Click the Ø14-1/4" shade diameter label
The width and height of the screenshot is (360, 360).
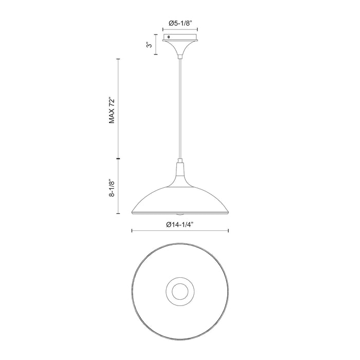pos(179,224)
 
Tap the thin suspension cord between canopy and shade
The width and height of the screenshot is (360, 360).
pos(179,108)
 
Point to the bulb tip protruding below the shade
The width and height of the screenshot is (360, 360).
pos(179,213)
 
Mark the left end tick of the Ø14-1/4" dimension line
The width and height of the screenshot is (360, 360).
pos(132,230)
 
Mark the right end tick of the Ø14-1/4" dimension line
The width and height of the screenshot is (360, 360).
pos(227,230)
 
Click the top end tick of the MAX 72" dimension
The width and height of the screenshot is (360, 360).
pos(119,59)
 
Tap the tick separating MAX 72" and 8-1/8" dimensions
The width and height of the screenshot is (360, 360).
pos(119,159)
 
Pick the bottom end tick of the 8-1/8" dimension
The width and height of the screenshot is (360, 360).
pos(119,214)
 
